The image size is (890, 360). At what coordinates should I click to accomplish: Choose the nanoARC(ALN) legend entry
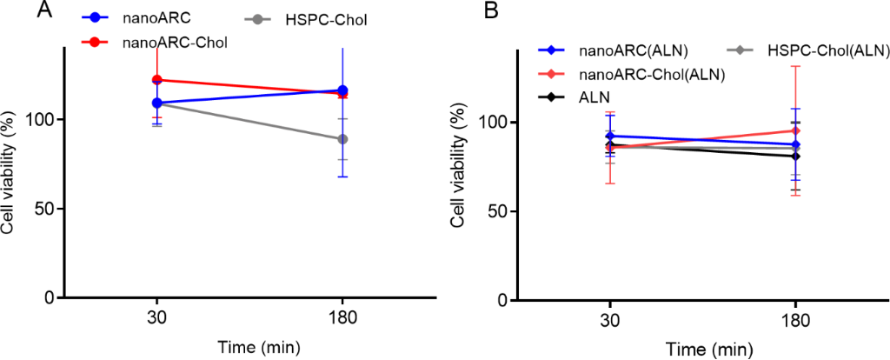pyautogui.click(x=625, y=51)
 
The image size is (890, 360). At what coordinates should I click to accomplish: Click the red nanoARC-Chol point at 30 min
pyautogui.click(x=157, y=80)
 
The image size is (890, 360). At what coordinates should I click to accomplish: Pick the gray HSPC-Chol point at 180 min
pyautogui.click(x=343, y=139)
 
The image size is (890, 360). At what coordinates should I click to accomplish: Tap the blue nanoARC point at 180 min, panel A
pyautogui.click(x=343, y=90)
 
